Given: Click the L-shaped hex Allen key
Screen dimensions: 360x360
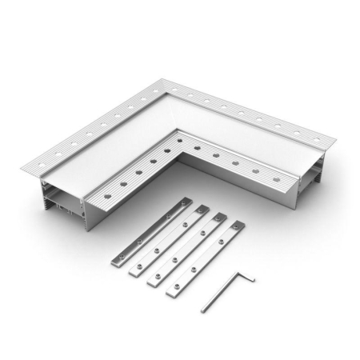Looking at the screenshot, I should click(x=229, y=293).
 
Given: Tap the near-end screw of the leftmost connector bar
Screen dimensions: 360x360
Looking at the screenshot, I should click(x=119, y=255).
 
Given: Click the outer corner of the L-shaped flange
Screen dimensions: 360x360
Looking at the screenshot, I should click(x=159, y=81).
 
